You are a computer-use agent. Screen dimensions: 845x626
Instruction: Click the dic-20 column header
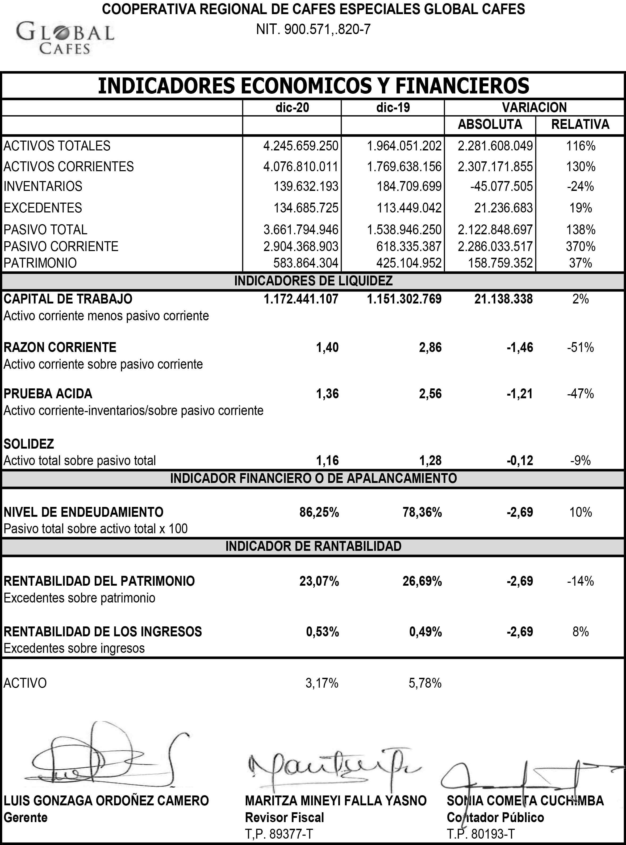[x=292, y=108]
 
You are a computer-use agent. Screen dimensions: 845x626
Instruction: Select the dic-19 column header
[x=393, y=108]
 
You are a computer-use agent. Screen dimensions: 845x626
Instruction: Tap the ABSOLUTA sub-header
[x=490, y=124]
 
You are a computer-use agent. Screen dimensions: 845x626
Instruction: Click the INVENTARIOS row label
[x=43, y=186]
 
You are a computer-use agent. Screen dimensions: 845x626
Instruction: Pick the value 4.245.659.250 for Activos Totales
[x=301, y=146]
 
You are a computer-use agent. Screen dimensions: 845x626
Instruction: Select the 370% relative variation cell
[x=581, y=247]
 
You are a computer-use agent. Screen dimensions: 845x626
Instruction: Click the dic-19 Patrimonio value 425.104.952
[x=409, y=263]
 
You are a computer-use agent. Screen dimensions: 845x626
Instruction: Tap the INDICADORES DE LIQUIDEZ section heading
[x=313, y=281]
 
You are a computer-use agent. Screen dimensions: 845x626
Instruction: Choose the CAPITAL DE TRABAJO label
[x=68, y=299]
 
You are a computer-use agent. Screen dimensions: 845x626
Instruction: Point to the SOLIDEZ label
[x=29, y=444]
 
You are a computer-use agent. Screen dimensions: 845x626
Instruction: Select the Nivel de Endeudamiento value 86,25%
[x=319, y=512]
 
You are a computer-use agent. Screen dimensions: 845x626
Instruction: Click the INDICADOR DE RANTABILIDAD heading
[x=313, y=546]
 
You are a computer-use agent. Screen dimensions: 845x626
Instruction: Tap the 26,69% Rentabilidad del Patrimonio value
[x=422, y=581]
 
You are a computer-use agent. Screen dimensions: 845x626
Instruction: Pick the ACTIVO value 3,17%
[x=322, y=683]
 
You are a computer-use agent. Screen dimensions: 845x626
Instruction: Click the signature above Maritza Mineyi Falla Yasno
[x=333, y=766]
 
